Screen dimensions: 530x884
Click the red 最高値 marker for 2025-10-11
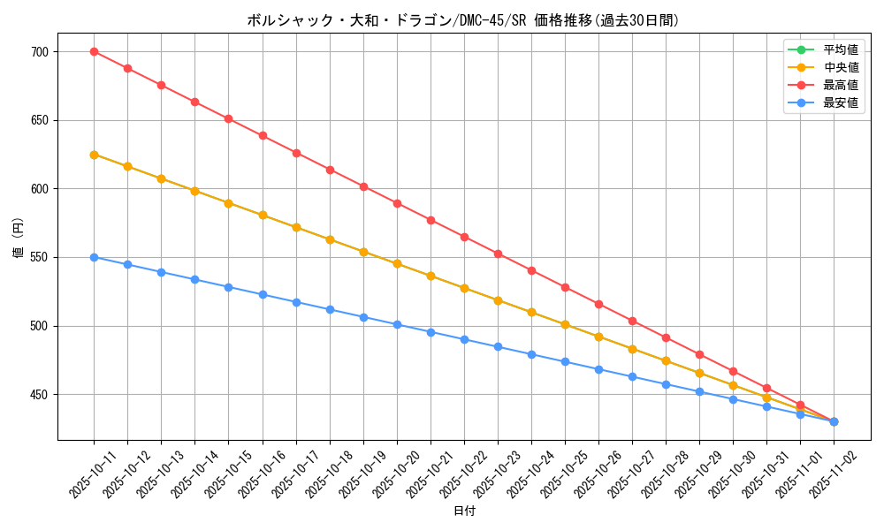94,51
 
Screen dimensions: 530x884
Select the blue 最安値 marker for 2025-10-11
94,257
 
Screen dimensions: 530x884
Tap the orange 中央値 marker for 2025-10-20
397,263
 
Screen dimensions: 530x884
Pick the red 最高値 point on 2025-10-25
565,287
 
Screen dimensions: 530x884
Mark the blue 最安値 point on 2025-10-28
666,384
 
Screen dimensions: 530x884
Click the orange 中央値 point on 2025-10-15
228,203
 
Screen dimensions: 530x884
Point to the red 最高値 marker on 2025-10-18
330,170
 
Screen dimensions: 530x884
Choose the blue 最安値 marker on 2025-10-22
464,339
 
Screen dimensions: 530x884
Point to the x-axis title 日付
464,511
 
